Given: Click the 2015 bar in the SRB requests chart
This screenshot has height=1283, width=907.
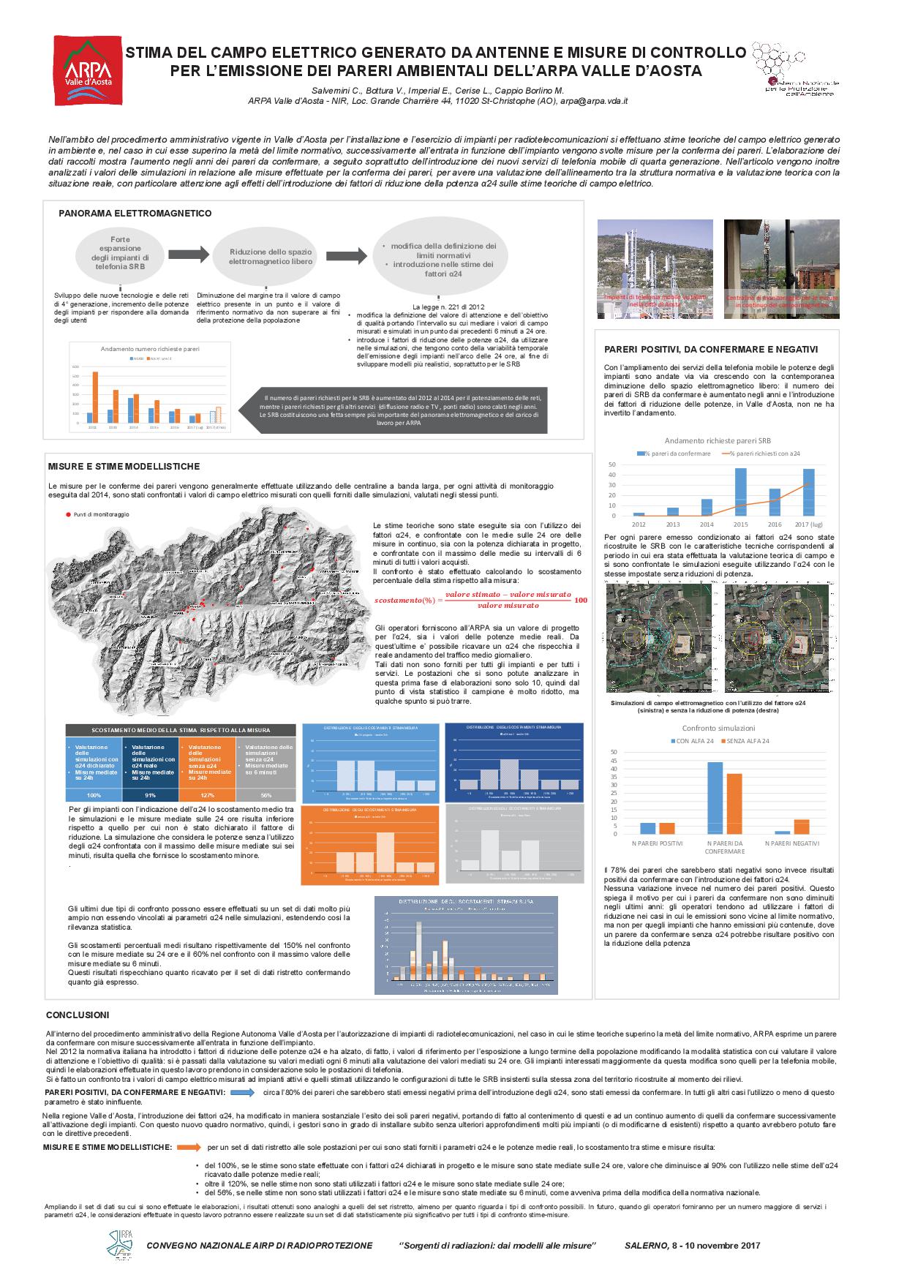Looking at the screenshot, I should pyautogui.click(x=740, y=492).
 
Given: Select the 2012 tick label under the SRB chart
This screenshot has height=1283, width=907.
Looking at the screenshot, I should pyautogui.click(x=639, y=524).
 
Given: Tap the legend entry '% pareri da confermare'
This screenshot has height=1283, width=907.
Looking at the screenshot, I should pyautogui.click(x=677, y=454).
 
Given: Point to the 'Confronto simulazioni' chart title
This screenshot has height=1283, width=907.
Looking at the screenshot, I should pyautogui.click(x=718, y=728).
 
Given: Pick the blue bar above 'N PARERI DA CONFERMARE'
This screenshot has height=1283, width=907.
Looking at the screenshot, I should pyautogui.click(x=715, y=798).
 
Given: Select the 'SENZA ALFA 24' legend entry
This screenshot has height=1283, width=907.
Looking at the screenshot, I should pyautogui.click(x=745, y=741).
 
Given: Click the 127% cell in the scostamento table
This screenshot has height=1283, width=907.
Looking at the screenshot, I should pyautogui.click(x=207, y=795).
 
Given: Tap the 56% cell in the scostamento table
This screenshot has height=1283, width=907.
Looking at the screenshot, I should pyautogui.click(x=266, y=795).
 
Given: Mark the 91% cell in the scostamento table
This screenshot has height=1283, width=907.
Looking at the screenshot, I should pyautogui.click(x=151, y=795).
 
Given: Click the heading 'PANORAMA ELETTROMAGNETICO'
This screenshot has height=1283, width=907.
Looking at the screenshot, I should pyautogui.click(x=135, y=214).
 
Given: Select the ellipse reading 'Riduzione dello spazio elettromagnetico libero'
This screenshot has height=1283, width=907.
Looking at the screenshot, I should pyautogui.click(x=271, y=257).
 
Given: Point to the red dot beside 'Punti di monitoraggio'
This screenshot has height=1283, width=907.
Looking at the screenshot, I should pyautogui.click(x=69, y=515).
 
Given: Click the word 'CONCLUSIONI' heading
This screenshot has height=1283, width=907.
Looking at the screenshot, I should pyautogui.click(x=78, y=1015).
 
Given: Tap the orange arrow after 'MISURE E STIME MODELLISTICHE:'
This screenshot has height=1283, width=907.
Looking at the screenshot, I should pyautogui.click(x=189, y=1147).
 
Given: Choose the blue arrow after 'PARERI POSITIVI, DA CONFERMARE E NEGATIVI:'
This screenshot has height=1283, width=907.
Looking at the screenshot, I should pyautogui.click(x=241, y=1092).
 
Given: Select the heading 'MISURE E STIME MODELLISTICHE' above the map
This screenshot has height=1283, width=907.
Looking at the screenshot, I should pyautogui.click(x=124, y=467).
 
